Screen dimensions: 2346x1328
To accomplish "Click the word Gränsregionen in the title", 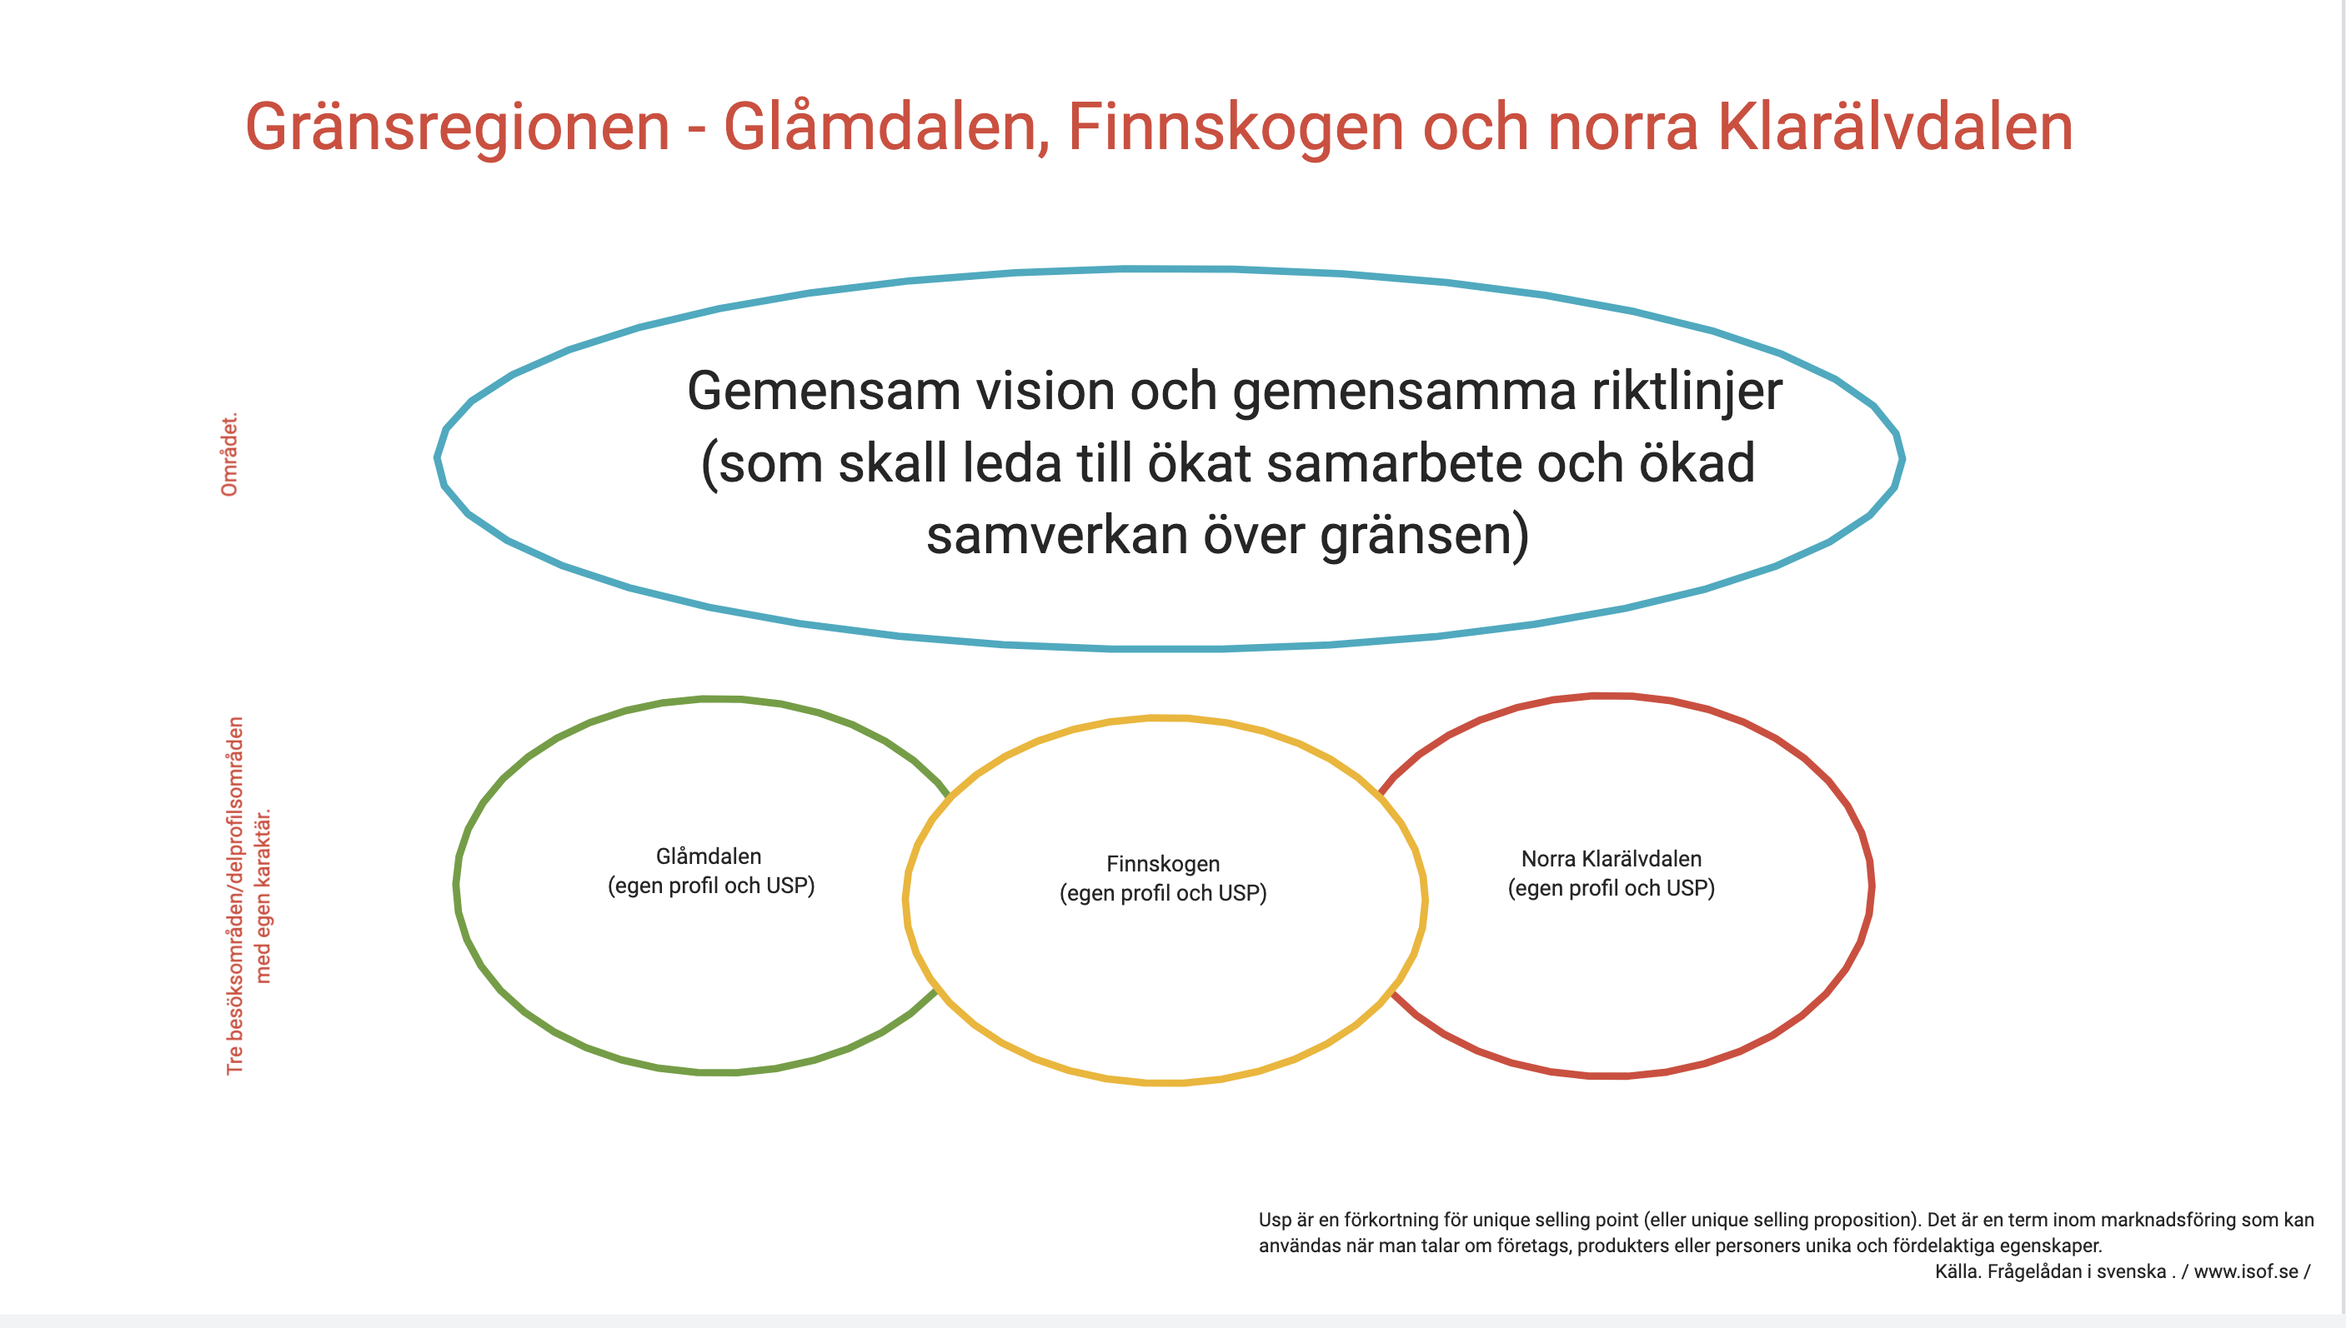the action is [x=457, y=127].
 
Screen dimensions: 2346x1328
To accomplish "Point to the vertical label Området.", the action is [x=229, y=454].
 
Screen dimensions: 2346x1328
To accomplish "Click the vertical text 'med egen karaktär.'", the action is [x=263, y=896].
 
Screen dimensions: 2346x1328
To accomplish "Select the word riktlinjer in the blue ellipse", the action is [x=1687, y=393].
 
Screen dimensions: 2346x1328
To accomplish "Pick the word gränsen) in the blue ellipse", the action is [x=1425, y=536].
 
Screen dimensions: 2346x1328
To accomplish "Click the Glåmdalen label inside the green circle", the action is [x=709, y=856].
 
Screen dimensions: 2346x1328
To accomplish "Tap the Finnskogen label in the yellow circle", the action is [x=1164, y=864].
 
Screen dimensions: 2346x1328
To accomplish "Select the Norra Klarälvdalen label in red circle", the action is [x=1612, y=858].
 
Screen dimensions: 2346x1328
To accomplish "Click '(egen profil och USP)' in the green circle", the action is [x=712, y=886].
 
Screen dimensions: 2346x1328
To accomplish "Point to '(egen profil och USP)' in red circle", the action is [x=1612, y=888].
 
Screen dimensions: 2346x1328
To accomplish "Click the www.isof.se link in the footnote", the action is [x=2246, y=1271].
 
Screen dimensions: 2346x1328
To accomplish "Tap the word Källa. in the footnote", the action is [x=1957, y=1271].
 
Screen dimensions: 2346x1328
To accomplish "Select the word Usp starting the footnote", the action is [x=1276, y=1221].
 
